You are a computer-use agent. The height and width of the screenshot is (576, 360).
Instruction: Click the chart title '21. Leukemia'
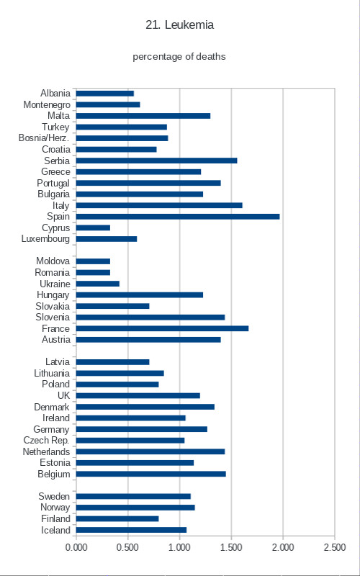click(x=179, y=25)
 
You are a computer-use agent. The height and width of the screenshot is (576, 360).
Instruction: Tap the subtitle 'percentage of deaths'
click(x=179, y=57)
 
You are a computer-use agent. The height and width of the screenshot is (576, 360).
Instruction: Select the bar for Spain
click(x=178, y=217)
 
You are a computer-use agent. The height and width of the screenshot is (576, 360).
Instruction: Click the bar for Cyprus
click(x=94, y=228)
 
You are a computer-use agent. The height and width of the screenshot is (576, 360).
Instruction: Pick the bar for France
click(x=163, y=328)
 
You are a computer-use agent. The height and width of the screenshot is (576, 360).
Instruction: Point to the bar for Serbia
click(x=157, y=161)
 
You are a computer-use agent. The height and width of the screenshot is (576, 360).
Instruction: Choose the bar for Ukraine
click(x=98, y=284)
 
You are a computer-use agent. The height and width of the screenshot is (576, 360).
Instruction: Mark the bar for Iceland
click(x=132, y=530)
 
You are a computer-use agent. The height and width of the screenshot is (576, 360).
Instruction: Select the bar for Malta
click(x=143, y=116)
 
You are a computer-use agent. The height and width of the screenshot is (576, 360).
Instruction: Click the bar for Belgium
click(x=151, y=474)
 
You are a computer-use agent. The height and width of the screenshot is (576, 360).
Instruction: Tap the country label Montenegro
click(x=47, y=105)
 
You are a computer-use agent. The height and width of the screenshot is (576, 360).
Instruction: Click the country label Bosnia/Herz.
click(x=45, y=138)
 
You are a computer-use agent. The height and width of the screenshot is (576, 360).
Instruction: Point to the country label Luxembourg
click(x=45, y=239)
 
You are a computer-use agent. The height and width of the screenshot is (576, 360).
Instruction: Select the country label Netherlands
click(x=46, y=451)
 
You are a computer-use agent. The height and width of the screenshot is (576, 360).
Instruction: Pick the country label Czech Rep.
click(x=46, y=440)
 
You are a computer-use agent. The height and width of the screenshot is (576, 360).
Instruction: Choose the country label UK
click(x=63, y=395)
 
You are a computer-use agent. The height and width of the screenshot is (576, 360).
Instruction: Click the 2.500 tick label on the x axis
click(x=334, y=547)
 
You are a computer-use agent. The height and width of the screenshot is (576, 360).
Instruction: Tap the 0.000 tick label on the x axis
click(x=76, y=547)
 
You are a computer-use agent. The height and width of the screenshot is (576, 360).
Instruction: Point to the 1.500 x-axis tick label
click(x=231, y=547)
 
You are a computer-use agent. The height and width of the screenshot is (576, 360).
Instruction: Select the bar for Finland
click(x=117, y=518)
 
